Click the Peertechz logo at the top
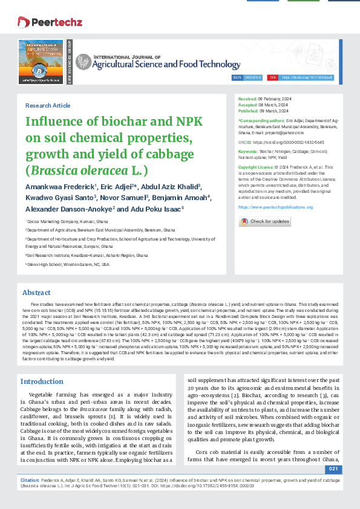point(42,22)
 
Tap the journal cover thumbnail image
point(41,62)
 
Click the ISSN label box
point(237,78)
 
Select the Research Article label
point(48,105)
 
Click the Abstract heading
point(36,292)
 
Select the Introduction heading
point(42,381)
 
